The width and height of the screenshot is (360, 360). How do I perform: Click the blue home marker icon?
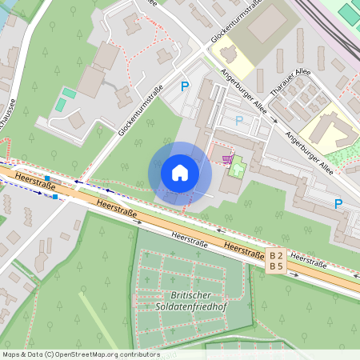(x=180, y=173)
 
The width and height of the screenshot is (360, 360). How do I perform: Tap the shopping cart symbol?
(x=229, y=158)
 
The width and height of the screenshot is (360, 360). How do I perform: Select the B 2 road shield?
(x=277, y=253)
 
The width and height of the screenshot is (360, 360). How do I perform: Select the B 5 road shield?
(x=277, y=266)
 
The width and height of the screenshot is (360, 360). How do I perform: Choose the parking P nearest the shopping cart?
(x=238, y=121)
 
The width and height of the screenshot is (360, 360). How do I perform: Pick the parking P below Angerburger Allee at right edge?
(x=338, y=204)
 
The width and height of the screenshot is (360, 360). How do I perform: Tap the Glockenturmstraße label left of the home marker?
(x=142, y=110)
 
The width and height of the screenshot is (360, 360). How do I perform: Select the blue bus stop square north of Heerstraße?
(x=47, y=178)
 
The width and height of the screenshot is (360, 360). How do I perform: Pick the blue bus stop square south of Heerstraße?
(x=55, y=197)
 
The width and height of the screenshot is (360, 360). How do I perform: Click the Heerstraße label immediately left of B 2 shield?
(x=243, y=250)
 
